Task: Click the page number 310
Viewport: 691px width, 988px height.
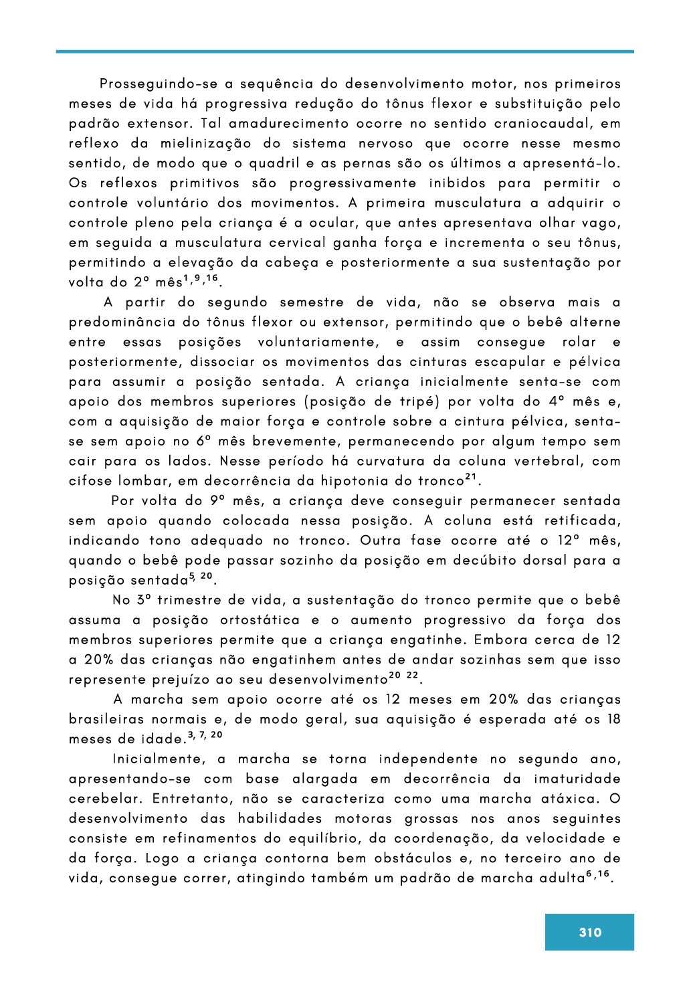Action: tap(590, 932)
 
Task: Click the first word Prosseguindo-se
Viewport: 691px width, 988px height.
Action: tap(159, 84)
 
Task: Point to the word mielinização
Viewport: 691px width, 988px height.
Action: tap(206, 144)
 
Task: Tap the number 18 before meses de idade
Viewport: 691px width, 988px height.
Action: tap(613, 720)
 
